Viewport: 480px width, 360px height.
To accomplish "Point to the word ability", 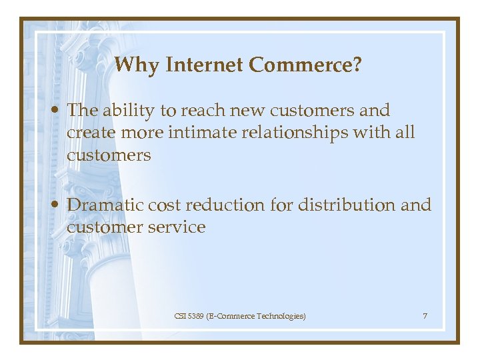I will click(127, 111).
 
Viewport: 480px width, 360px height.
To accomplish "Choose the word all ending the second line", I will click(404, 133).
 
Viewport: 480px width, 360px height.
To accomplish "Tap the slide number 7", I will click(425, 315).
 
